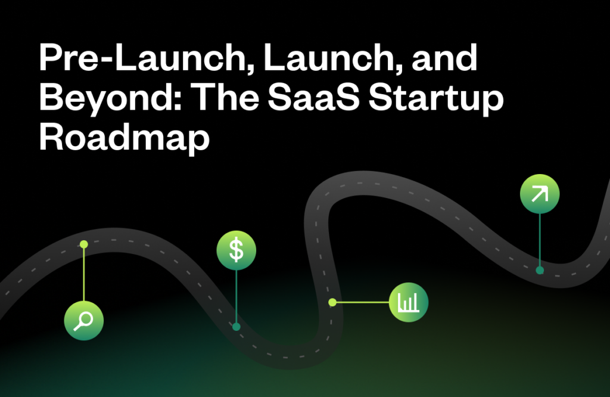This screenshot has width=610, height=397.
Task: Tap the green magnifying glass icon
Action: click(84, 321)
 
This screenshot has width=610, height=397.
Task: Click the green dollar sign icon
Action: click(236, 249)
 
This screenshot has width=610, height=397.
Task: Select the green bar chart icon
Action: click(409, 303)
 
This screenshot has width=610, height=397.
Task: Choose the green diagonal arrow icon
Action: click(540, 194)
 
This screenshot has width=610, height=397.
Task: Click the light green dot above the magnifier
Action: click(84, 244)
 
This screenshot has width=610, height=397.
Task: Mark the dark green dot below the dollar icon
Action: click(236, 327)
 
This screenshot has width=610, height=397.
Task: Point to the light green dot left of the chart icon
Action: click(332, 302)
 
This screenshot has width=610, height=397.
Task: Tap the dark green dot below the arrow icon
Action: click(540, 270)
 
